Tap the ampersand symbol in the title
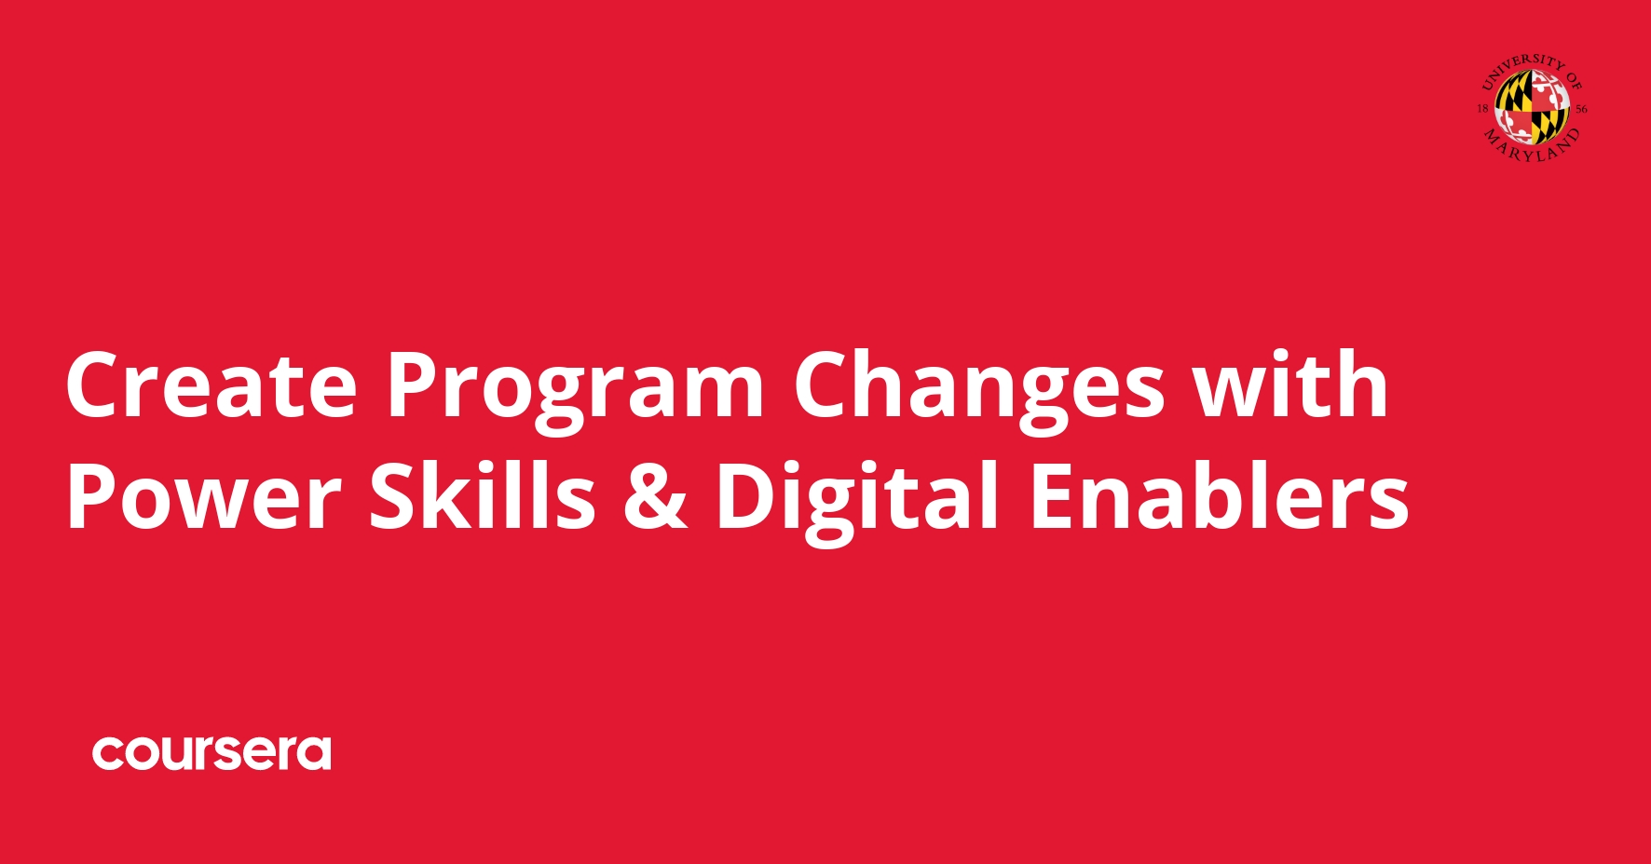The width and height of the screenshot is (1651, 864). [x=655, y=496]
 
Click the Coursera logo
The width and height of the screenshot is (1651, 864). [x=211, y=752]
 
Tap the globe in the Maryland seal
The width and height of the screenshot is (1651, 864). [x=1532, y=107]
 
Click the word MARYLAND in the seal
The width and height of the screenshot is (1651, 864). [x=1533, y=149]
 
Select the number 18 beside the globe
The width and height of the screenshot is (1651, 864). [x=1482, y=109]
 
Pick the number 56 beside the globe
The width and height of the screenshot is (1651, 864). [x=1581, y=109]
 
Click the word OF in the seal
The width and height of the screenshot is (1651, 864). [x=1573, y=80]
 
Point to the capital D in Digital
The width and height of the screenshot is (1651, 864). [x=745, y=496]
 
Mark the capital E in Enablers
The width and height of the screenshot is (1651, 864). [x=1051, y=496]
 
